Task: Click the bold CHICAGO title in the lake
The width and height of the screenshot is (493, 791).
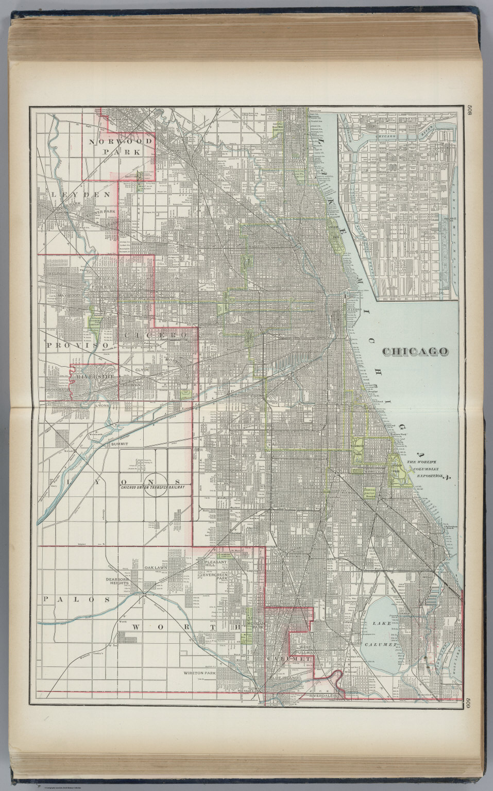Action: (x=415, y=351)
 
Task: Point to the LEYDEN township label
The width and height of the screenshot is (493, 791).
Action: (x=81, y=194)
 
